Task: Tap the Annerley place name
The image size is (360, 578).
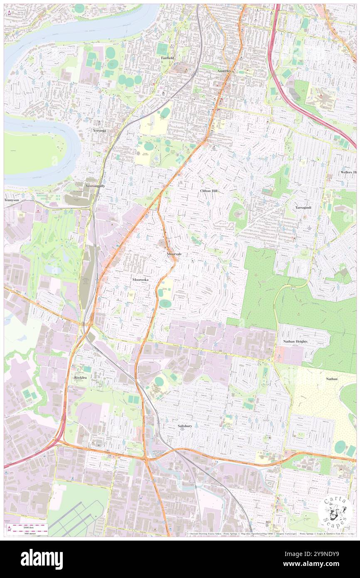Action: point(225,71)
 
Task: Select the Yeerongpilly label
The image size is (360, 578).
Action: point(95,186)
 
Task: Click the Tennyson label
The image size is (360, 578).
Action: point(11,200)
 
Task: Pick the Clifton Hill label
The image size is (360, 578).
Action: point(209,190)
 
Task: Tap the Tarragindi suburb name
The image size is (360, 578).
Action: point(303,207)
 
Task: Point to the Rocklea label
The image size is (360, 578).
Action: point(80,377)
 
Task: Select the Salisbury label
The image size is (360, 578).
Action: point(185,426)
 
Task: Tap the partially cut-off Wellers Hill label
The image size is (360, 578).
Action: point(348,172)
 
